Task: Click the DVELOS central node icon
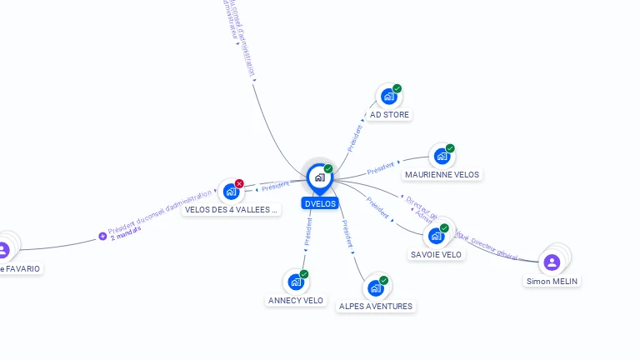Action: (x=319, y=177)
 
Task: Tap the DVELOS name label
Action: (x=320, y=203)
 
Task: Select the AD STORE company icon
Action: (x=388, y=97)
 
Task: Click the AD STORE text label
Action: (x=389, y=115)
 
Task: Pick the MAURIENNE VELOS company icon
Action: (x=442, y=156)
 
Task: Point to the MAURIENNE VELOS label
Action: (x=442, y=175)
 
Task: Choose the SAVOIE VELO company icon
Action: (x=436, y=236)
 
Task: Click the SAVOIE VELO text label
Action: (x=436, y=255)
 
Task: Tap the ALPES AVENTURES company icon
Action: (x=375, y=288)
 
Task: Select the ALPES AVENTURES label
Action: (x=376, y=307)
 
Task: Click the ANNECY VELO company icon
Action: (x=295, y=282)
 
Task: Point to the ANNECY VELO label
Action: (x=296, y=300)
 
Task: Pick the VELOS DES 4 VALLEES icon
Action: (x=230, y=192)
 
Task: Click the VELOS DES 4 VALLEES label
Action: (x=231, y=210)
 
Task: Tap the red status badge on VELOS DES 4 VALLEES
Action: (x=239, y=183)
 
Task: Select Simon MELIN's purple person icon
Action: (x=552, y=262)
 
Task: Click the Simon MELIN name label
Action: (x=552, y=282)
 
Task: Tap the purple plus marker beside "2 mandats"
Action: (x=102, y=237)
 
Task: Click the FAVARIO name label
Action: (x=21, y=269)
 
